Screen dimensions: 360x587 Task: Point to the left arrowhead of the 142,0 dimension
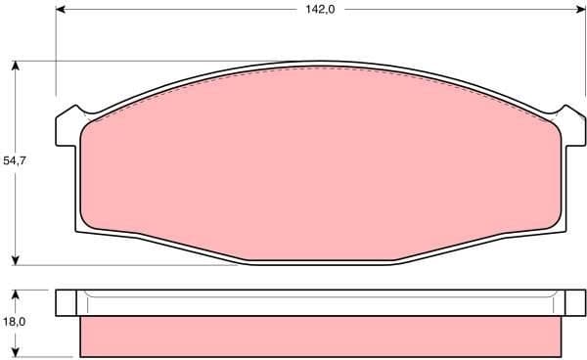[x=61, y=11]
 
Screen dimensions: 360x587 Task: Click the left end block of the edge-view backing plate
[x=68, y=303]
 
